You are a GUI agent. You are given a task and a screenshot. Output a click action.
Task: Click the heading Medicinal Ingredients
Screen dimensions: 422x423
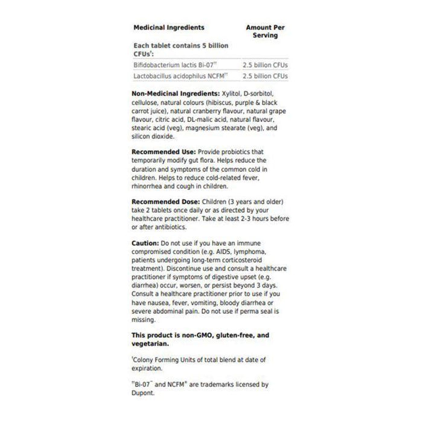pyautogui.click(x=168, y=27)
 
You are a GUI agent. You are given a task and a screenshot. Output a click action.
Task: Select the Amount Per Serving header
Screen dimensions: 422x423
pyautogui.click(x=266, y=31)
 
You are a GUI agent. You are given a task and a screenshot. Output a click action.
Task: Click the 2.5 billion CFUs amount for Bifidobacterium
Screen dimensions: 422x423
pyautogui.click(x=265, y=64)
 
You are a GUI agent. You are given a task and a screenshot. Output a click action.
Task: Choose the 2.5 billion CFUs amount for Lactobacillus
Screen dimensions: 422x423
pyautogui.click(x=265, y=76)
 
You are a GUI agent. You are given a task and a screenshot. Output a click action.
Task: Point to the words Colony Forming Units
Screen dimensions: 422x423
pyautogui.click(x=161, y=359)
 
